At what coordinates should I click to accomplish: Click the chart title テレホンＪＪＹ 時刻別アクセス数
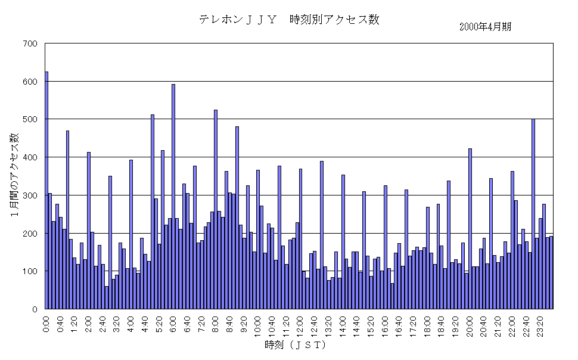pos(289,20)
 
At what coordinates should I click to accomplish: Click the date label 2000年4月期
pos(485,27)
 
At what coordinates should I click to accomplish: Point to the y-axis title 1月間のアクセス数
pos(14,176)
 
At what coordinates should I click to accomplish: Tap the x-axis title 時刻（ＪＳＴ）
pos(296,345)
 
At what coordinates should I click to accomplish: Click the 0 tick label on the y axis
pos(35,309)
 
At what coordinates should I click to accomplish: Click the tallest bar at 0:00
pos(46,191)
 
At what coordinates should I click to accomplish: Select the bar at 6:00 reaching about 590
pos(173,197)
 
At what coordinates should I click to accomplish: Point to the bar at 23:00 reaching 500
pos(533,214)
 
